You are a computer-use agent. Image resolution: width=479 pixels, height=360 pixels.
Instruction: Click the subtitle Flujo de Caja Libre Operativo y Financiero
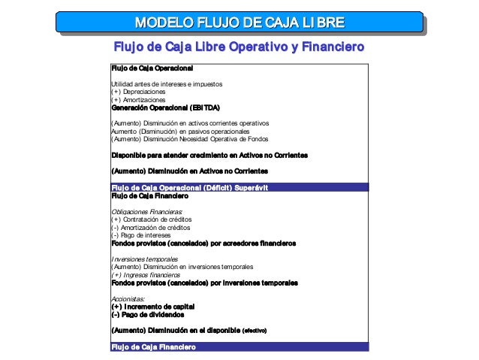coord(239,47)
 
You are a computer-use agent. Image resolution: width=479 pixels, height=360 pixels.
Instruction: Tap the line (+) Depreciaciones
coord(139,92)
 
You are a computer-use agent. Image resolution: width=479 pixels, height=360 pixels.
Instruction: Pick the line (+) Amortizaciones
coord(139,99)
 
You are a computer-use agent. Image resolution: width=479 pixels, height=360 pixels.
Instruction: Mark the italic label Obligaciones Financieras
coord(142,211)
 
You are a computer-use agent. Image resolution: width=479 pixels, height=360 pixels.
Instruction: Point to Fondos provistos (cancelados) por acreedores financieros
coord(203,244)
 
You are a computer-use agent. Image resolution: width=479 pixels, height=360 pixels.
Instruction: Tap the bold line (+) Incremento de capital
coord(153,307)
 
